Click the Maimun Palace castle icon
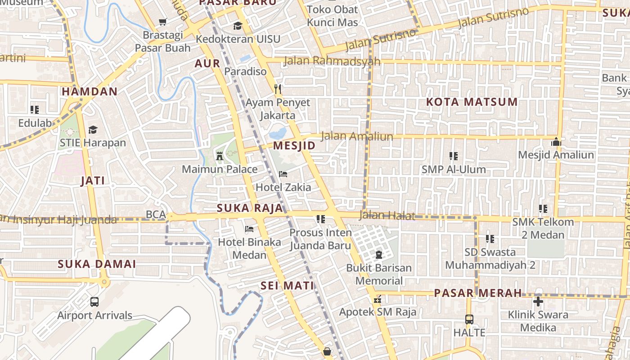coord(220,156)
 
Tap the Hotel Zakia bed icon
coord(283,174)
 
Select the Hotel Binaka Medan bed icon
coord(249,229)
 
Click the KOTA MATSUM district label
coord(472,102)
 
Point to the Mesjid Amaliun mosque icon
coord(556,142)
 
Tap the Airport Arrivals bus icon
coord(94,302)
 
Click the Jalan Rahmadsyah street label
coord(332,61)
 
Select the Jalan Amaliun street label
coord(357,136)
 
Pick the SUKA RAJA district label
coord(250,208)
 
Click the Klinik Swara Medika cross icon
coord(538,301)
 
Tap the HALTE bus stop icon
coord(469,319)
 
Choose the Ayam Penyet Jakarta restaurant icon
coord(278,89)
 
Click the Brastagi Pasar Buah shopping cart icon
coord(163,22)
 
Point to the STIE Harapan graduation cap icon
coord(93,130)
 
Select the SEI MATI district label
coord(287,285)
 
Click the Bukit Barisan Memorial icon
coord(378,255)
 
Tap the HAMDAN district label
coord(90,91)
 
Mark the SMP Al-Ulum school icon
coord(454,156)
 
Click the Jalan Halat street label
coord(387,216)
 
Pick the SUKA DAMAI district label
coord(97,264)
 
